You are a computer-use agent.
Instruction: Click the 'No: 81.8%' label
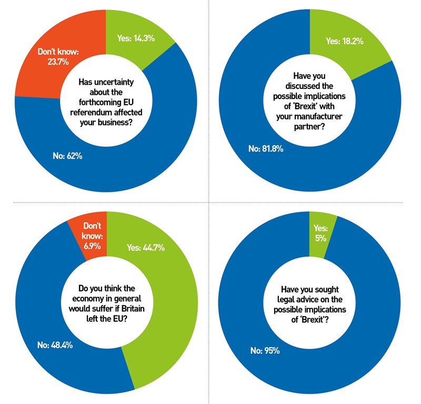click(x=266, y=149)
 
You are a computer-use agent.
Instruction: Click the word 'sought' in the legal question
click(x=328, y=289)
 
